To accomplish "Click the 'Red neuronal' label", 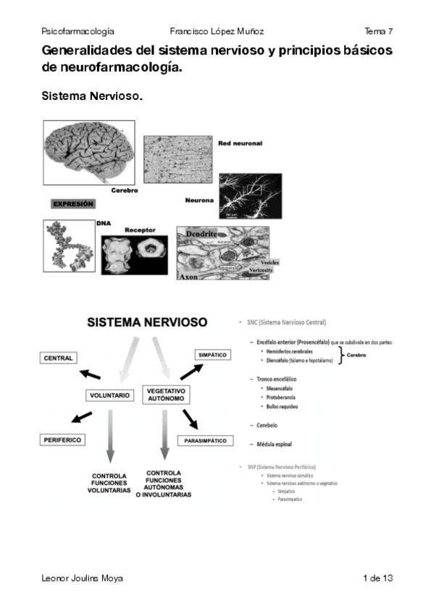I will (240, 143).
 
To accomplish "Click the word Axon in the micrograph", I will (191, 277).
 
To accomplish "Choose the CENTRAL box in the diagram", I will (59, 358).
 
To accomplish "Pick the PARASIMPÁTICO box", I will (206, 440).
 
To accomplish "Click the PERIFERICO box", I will (62, 440).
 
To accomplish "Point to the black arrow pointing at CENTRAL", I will (89, 374).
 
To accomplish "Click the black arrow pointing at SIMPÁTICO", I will (191, 371).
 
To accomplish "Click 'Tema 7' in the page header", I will (378, 32).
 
